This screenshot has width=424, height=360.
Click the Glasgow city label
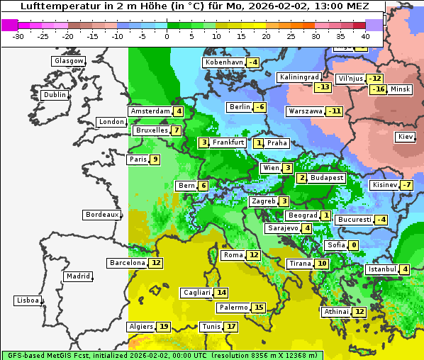(69, 61)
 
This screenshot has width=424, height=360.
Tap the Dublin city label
(55, 95)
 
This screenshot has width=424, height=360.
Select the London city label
(111, 122)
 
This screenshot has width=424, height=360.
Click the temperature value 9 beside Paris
(155, 159)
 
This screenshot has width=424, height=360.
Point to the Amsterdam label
(150, 111)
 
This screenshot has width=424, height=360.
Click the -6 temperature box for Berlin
(260, 107)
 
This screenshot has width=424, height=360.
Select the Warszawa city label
(306, 111)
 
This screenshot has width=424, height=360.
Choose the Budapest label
(326, 178)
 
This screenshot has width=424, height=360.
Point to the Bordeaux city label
(101, 214)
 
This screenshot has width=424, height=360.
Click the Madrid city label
(77, 276)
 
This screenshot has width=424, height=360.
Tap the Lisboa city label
(28, 300)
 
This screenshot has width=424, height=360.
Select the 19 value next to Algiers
(164, 327)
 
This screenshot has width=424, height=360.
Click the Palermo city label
(233, 308)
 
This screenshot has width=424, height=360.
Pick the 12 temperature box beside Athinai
(359, 312)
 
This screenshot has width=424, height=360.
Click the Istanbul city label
(382, 269)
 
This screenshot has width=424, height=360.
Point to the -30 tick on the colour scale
(18, 36)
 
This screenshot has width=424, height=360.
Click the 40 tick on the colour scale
(366, 36)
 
